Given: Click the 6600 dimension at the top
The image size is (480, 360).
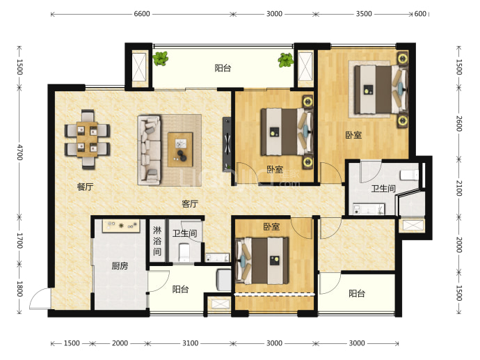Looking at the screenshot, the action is click(x=142, y=14).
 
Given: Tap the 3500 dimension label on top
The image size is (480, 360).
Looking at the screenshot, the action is click(x=364, y=14).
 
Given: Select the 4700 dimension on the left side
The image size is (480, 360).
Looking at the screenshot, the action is click(x=19, y=152).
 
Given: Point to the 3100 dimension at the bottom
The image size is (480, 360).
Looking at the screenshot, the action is click(x=191, y=343).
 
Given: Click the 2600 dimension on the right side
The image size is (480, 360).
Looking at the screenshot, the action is click(x=459, y=123).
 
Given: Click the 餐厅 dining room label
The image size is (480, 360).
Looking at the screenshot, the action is click(x=85, y=187).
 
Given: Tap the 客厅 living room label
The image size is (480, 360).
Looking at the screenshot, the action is click(x=190, y=203).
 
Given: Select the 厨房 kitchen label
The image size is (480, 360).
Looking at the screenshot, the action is click(x=120, y=266).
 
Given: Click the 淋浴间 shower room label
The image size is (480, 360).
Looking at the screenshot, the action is click(x=157, y=241).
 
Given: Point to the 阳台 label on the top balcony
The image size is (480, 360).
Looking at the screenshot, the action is click(x=223, y=68).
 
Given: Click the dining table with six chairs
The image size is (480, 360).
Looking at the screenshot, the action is click(x=87, y=139).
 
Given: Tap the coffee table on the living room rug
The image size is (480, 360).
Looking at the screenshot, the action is click(x=180, y=150).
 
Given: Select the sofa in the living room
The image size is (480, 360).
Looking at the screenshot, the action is click(x=149, y=150).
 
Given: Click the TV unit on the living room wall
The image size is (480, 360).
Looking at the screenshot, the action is click(x=227, y=143).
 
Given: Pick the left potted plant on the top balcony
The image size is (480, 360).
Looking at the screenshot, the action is click(x=161, y=58).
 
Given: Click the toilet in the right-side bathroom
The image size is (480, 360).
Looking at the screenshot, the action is click(x=409, y=175).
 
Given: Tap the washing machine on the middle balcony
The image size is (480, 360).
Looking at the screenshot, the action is click(x=224, y=280).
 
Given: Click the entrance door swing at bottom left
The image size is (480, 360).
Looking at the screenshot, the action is click(x=40, y=299).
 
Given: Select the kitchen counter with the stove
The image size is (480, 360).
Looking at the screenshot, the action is click(x=121, y=226).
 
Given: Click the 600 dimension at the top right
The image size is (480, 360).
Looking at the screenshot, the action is click(x=420, y=14).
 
